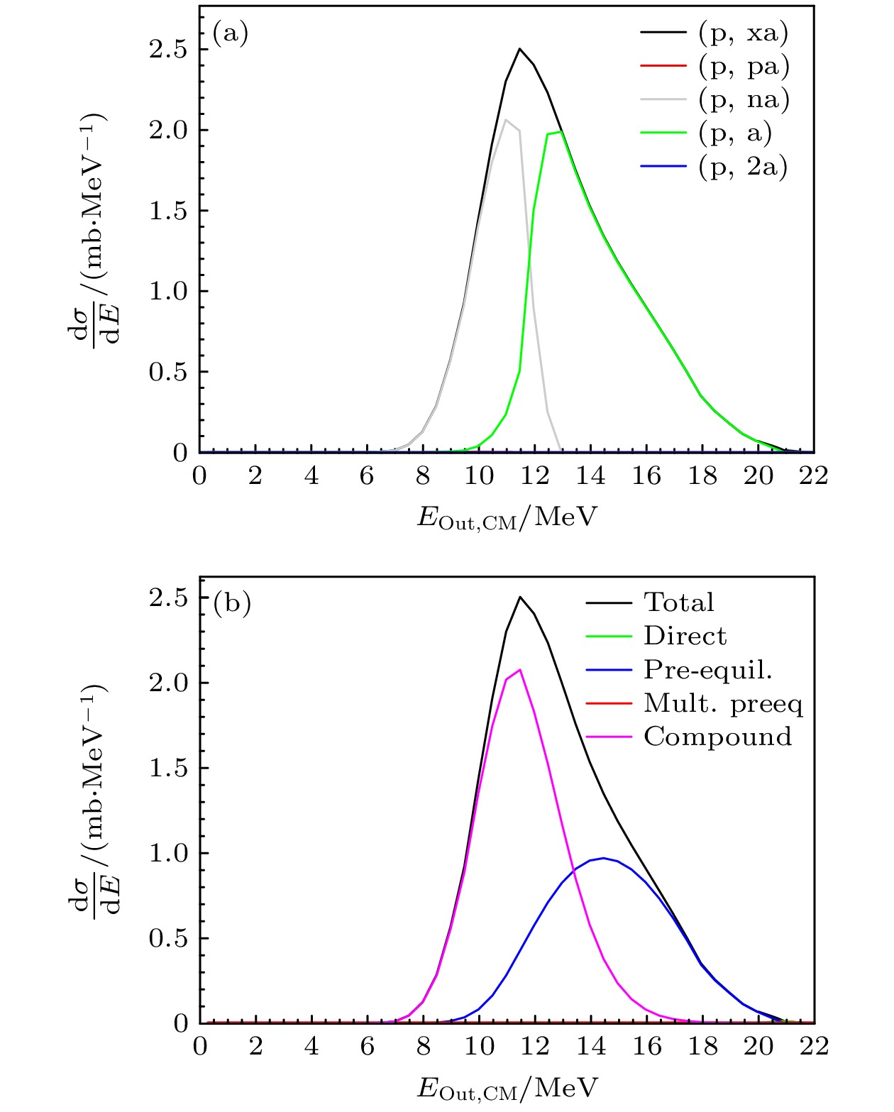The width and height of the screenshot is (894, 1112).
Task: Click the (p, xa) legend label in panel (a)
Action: coord(743,33)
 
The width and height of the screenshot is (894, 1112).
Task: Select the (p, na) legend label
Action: coord(744,100)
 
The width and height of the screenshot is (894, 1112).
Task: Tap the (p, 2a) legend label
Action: coord(743,167)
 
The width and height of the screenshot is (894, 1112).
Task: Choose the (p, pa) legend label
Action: coord(744,67)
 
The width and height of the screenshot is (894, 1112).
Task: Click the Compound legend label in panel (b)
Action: coord(717,737)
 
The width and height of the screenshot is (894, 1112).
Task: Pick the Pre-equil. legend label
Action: coord(707,670)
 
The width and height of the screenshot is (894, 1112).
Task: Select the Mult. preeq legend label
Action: coord(723,703)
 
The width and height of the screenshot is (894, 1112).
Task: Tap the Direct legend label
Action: coord(685,636)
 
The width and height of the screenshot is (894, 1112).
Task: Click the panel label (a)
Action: coord(231,33)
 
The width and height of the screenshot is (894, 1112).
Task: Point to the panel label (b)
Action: coord(232,603)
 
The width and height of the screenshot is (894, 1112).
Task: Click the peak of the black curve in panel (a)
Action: coord(519,49)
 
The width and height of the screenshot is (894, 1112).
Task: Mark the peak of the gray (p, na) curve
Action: coord(506,120)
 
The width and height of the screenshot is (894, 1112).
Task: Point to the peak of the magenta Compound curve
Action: coord(520,669)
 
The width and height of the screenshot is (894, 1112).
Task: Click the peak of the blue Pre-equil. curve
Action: coord(603,858)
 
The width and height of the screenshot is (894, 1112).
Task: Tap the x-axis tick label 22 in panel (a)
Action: coord(813,475)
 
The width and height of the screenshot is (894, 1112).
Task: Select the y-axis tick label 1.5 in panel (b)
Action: coord(168,768)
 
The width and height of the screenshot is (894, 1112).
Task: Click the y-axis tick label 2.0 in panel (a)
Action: coord(168,130)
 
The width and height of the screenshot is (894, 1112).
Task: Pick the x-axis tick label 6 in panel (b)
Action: coord(367,1046)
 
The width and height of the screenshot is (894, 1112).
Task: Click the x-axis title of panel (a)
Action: coord(507,517)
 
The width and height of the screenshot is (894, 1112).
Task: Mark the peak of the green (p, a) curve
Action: coord(561,132)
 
